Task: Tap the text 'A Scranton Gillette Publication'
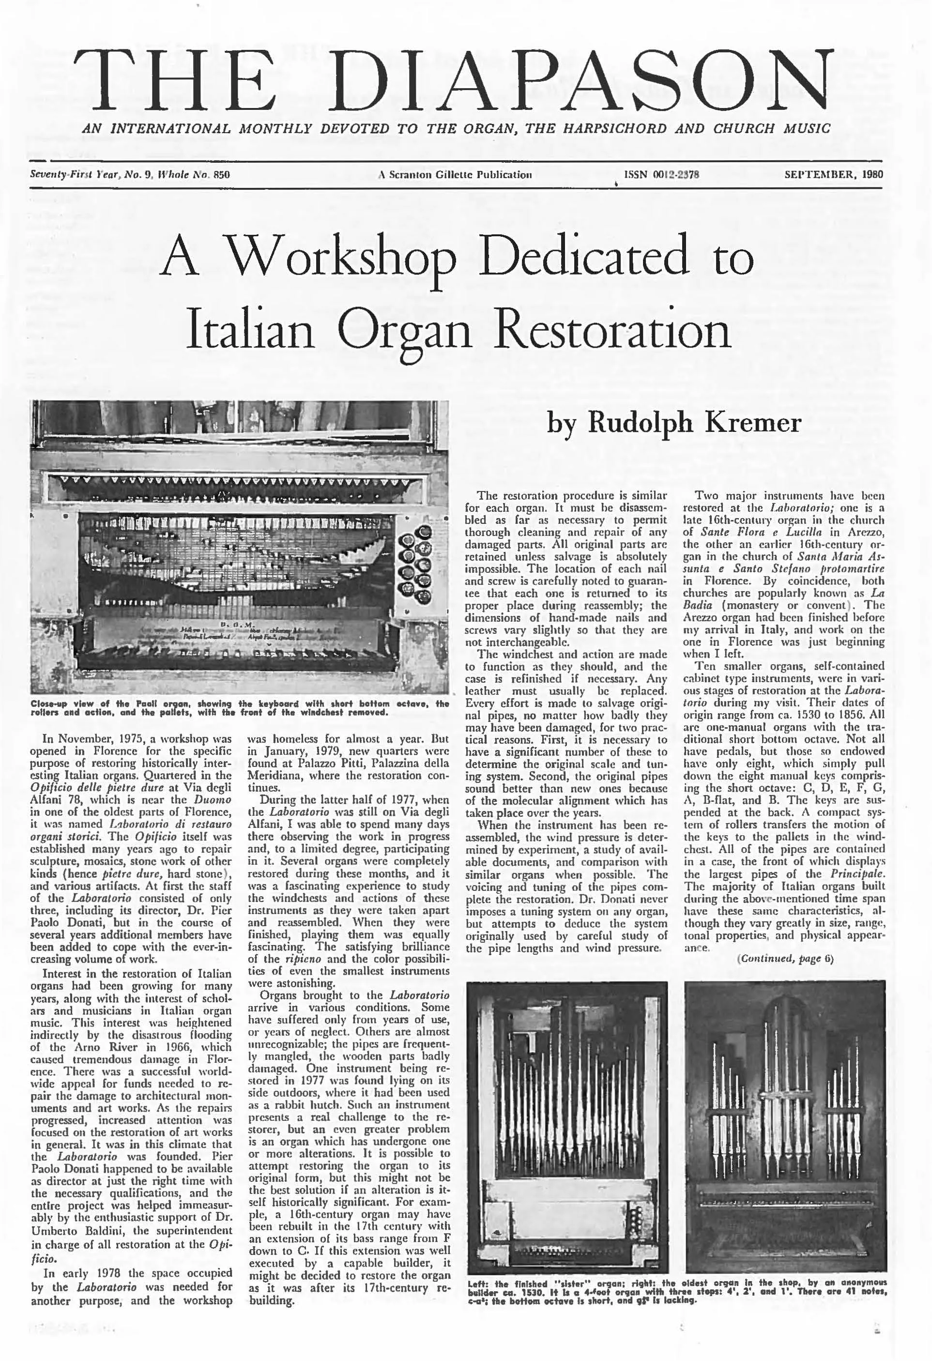[x=455, y=174]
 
